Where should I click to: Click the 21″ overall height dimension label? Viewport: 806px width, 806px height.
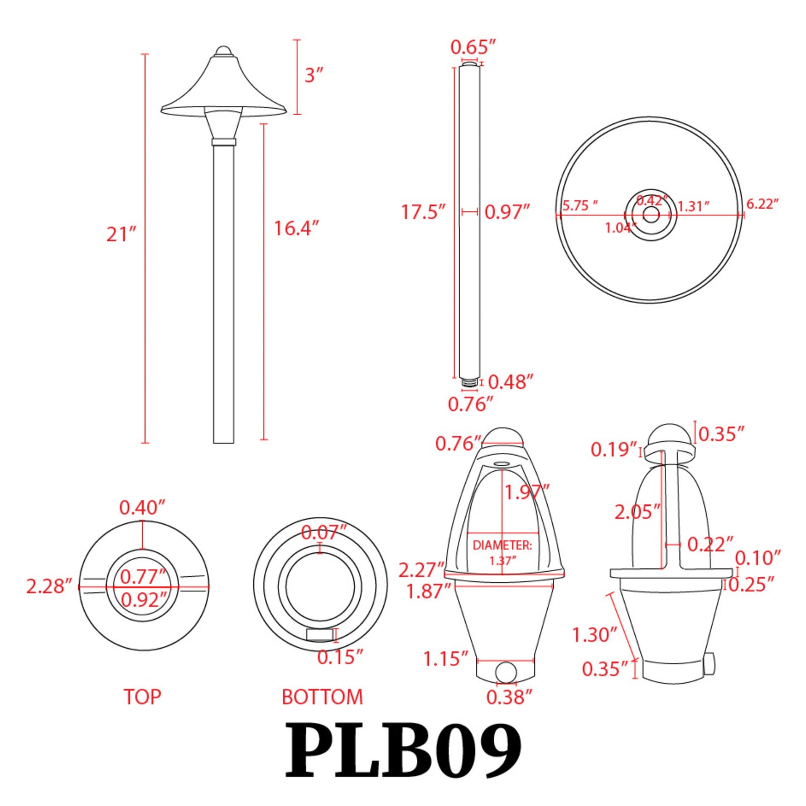click(x=121, y=234)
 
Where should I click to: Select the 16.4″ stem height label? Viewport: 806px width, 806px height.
click(x=296, y=228)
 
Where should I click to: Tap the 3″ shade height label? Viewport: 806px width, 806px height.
click(x=313, y=75)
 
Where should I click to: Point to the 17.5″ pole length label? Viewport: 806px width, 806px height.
click(x=423, y=212)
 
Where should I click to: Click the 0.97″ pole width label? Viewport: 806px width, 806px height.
click(x=506, y=212)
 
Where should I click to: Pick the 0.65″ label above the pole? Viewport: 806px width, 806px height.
click(x=472, y=47)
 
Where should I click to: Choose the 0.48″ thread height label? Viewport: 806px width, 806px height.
click(x=510, y=382)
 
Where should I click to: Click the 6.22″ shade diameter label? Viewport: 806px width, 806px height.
click(x=762, y=204)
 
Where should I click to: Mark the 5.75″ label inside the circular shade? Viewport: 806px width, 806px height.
click(x=580, y=206)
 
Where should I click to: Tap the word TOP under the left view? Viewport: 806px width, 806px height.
click(x=142, y=697)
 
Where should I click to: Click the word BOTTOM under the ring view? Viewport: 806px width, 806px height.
click(x=322, y=697)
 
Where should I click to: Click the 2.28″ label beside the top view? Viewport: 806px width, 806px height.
click(x=49, y=586)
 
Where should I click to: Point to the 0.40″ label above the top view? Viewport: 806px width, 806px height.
click(x=142, y=508)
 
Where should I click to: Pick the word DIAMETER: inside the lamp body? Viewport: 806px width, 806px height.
click(x=502, y=545)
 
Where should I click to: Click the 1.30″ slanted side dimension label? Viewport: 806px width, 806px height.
click(x=594, y=635)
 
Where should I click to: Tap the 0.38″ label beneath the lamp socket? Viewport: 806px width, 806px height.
click(x=509, y=697)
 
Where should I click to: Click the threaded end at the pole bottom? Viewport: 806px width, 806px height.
click(x=470, y=383)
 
